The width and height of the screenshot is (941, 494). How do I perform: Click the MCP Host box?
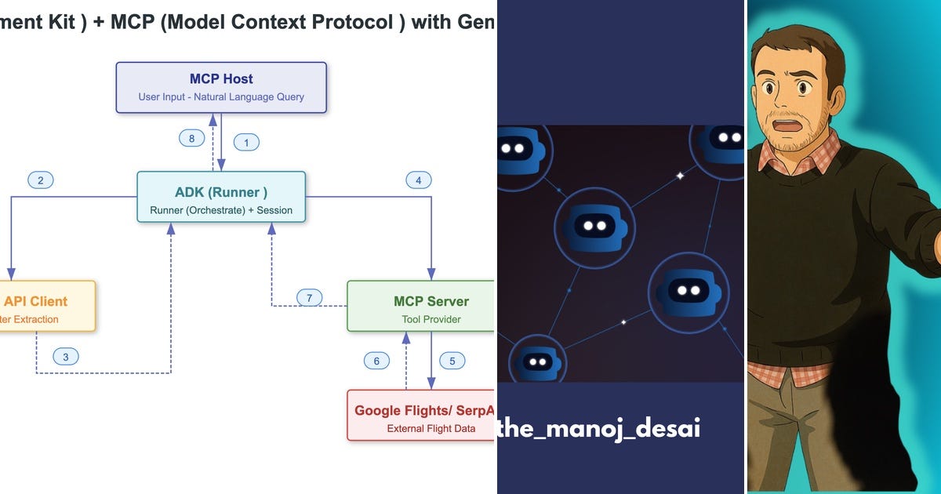click(x=221, y=88)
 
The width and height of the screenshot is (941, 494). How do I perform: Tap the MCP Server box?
click(x=421, y=307)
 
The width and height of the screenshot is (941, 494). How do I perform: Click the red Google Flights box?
click(x=421, y=416)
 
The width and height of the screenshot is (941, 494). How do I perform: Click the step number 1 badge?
click(x=247, y=143)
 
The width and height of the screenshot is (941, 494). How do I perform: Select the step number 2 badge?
click(x=41, y=180)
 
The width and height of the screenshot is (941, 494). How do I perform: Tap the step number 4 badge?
click(x=419, y=180)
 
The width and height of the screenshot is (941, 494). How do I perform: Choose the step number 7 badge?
click(x=310, y=298)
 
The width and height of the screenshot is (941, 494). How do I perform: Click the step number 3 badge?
click(x=66, y=357)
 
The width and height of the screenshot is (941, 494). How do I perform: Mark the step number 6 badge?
click(x=376, y=361)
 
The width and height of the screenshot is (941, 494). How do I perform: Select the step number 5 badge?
click(x=452, y=361)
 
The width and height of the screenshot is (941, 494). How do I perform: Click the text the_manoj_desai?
click(x=599, y=429)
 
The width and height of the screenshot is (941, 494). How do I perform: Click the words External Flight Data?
click(x=431, y=429)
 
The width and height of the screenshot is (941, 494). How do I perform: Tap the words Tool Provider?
click(x=431, y=319)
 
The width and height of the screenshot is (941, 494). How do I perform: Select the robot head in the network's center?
click(x=594, y=227)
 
